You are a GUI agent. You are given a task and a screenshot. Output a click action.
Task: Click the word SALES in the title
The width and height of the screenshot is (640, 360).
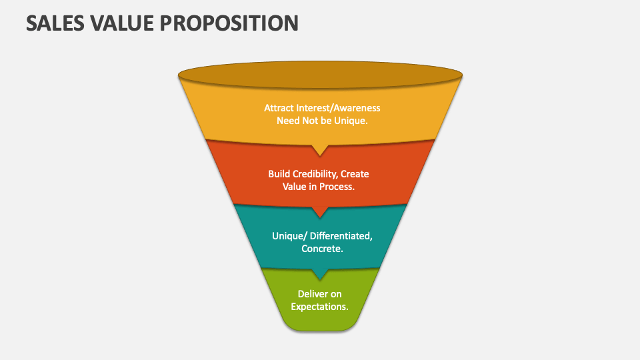(x=55, y=23)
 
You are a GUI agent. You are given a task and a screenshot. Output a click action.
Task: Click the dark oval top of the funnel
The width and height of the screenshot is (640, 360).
(x=320, y=75)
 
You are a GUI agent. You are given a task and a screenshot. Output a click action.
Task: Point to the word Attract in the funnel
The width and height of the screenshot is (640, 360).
(x=279, y=108)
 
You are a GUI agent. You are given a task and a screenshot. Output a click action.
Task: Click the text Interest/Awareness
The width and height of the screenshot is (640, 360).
(x=338, y=108)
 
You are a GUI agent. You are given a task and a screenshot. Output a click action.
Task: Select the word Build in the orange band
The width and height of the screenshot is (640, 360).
(x=277, y=174)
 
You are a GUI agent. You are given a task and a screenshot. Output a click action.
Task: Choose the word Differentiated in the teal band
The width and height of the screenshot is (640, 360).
(x=341, y=236)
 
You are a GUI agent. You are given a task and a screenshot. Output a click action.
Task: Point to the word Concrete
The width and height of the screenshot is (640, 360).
(x=322, y=249)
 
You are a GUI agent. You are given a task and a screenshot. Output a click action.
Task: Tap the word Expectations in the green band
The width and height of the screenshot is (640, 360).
(x=319, y=307)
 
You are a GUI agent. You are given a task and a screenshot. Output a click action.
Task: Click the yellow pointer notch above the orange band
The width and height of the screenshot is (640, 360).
(x=320, y=150)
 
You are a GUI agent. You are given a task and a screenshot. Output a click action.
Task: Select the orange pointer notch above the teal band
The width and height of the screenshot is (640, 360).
(x=320, y=212)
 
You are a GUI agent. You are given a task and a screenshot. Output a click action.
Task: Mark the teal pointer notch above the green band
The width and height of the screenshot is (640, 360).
(x=320, y=274)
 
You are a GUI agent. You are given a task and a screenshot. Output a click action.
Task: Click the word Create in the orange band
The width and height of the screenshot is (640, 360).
(x=355, y=174)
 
